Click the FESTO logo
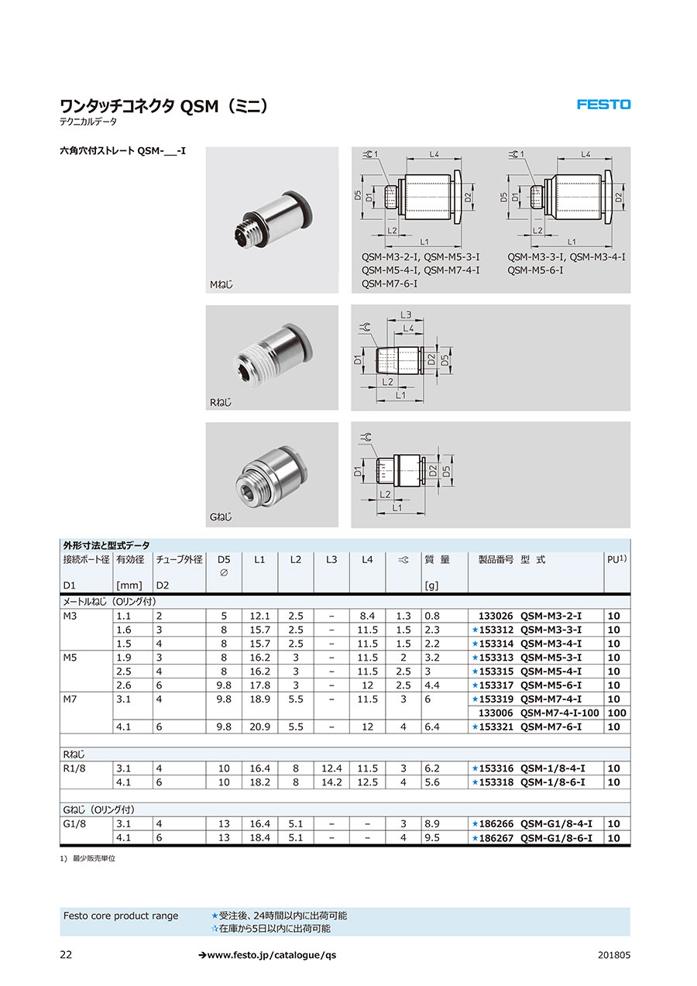click(603, 105)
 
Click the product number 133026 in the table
click(497, 616)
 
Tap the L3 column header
click(331, 559)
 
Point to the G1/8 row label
click(74, 824)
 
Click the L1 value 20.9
click(259, 727)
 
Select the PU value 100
click(616, 713)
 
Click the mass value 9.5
click(431, 838)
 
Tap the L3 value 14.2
click(331, 782)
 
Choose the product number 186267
click(498, 838)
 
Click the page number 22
click(66, 955)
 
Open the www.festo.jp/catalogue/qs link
click(267, 955)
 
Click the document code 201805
click(614, 955)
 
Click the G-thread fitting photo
click(272, 473)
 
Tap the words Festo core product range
click(120, 916)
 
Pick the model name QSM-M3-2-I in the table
click(550, 616)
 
